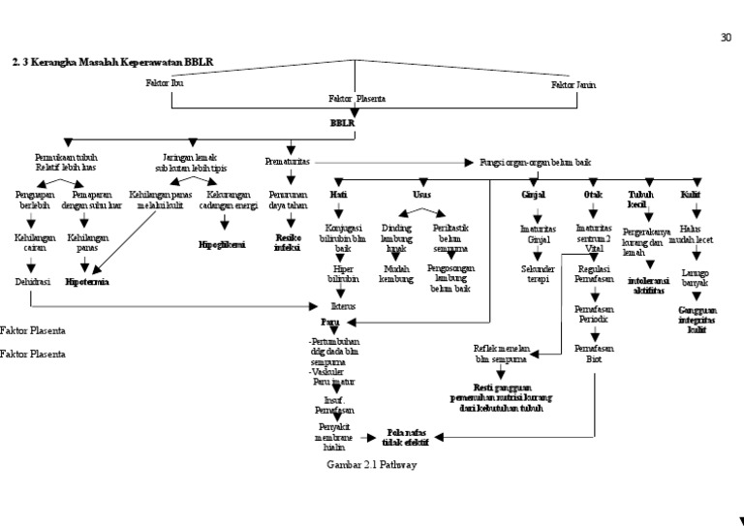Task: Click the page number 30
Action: coord(727,38)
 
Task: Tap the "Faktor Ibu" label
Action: coord(164,84)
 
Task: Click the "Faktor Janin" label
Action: coord(573,84)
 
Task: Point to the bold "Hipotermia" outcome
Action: coord(87,282)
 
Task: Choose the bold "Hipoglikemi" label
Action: coord(222,245)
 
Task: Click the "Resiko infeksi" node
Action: coord(288,241)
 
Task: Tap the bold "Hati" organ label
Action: coord(339,194)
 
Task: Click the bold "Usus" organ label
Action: coord(422,194)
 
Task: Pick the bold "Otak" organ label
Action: coord(593,194)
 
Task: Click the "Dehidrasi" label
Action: coord(31,282)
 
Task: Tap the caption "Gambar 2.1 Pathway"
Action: coord(372,465)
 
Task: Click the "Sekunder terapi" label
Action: coord(539,273)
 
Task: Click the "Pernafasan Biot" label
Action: coord(593,352)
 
